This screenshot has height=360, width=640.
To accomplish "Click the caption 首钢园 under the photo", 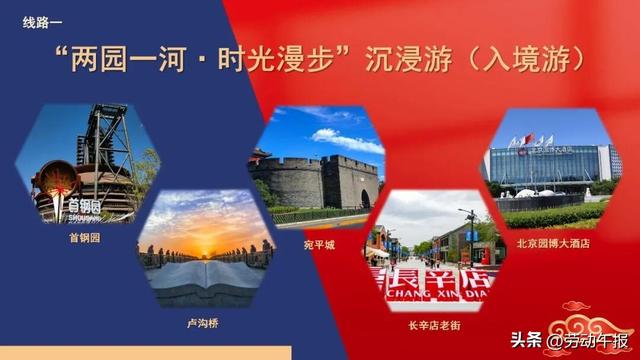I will point(85,239).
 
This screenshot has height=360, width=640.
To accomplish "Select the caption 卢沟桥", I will point(199,324).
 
